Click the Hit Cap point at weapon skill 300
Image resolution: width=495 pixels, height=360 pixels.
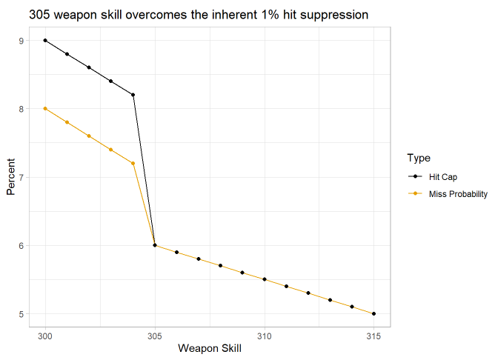(x=45, y=41)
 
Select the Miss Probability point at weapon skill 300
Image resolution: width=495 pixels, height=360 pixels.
(x=45, y=109)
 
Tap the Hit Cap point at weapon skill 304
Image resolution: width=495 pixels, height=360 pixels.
(x=133, y=95)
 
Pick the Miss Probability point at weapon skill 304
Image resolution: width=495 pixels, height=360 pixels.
(x=133, y=163)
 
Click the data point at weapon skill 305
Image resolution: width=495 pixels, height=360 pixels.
(x=155, y=245)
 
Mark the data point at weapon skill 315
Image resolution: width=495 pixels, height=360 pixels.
(x=373, y=314)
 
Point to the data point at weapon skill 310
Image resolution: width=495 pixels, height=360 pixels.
(x=265, y=279)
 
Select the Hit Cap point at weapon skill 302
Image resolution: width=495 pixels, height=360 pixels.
(x=89, y=67)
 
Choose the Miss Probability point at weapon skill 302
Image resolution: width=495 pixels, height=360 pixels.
(x=89, y=136)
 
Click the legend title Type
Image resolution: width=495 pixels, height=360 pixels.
(x=418, y=159)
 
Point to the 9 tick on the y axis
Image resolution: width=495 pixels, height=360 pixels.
(x=22, y=41)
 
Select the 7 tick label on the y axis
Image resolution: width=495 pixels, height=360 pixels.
(x=22, y=177)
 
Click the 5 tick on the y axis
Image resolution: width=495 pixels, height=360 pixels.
(x=22, y=314)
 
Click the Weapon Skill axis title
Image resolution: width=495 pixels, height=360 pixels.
(x=210, y=349)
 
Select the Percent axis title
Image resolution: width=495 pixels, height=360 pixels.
(x=10, y=177)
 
